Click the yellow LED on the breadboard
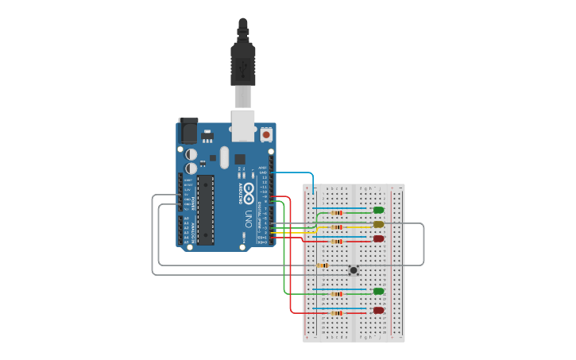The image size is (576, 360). (x=378, y=225)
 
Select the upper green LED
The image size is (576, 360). (x=378, y=211)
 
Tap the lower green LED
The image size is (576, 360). (x=378, y=292)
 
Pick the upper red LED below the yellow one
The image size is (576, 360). (x=378, y=238)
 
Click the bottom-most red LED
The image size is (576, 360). (x=378, y=311)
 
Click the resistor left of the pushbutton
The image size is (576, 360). (x=323, y=265)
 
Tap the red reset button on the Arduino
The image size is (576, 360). (x=266, y=135)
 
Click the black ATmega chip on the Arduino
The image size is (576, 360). (x=206, y=209)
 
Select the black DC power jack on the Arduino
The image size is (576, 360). (x=188, y=131)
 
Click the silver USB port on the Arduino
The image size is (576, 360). (x=242, y=126)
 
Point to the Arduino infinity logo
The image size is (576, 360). (x=249, y=190)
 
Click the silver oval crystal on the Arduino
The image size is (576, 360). (x=224, y=157)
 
